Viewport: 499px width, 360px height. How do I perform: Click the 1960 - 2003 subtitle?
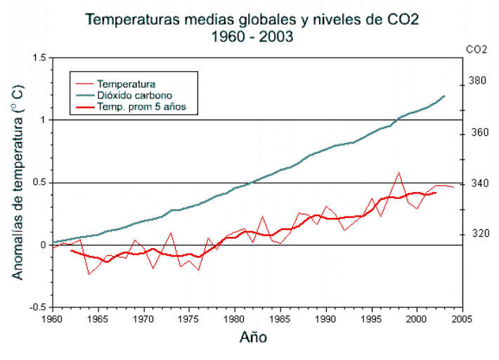252,37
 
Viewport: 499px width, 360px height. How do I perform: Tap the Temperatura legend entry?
126,84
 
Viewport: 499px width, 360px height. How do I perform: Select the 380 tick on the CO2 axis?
477,81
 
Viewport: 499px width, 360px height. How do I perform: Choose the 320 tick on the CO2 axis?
477,233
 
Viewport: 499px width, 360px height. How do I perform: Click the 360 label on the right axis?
477,132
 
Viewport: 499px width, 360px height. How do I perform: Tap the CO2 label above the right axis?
477,49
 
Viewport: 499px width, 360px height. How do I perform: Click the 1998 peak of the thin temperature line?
399,172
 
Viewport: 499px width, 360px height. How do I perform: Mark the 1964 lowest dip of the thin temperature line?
89,274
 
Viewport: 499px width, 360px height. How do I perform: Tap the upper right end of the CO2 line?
444,96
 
